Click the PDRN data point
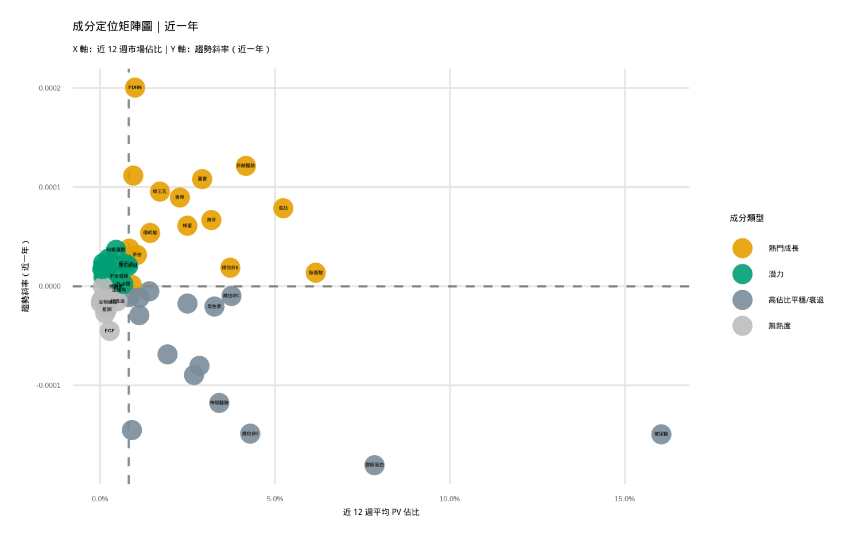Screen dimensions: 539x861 tap(135, 88)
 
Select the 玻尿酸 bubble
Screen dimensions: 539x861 tap(661, 434)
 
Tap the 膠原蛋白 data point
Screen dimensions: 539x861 tap(374, 465)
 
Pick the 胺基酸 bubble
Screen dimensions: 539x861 tap(316, 273)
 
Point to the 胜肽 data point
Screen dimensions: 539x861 tap(284, 208)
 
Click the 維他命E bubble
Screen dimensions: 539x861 tap(250, 434)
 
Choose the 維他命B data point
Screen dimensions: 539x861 tap(230, 268)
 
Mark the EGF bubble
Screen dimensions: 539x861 tap(110, 331)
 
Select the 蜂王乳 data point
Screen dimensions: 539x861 tap(160, 191)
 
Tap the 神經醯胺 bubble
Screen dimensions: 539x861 tap(219, 403)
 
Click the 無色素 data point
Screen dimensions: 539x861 tap(214, 307)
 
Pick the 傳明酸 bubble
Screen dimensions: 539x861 tap(150, 233)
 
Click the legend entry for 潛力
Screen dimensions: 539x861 tap(776, 274)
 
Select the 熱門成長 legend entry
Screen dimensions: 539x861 tap(784, 248)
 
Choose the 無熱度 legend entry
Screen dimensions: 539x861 tap(779, 326)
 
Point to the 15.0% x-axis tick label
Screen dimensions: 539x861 tap(625, 499)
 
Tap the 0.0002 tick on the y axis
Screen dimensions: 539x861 tap(49, 88)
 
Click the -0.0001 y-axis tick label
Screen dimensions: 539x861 tap(48, 385)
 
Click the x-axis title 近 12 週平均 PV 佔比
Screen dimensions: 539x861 tap(381, 512)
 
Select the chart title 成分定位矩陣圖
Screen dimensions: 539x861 tap(113, 26)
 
